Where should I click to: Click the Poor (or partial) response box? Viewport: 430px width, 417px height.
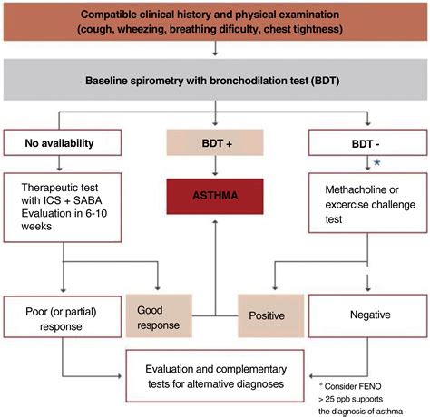(62, 313)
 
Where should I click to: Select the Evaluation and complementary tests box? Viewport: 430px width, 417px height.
(215, 376)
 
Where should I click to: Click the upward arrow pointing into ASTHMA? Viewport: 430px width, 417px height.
(214, 245)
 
